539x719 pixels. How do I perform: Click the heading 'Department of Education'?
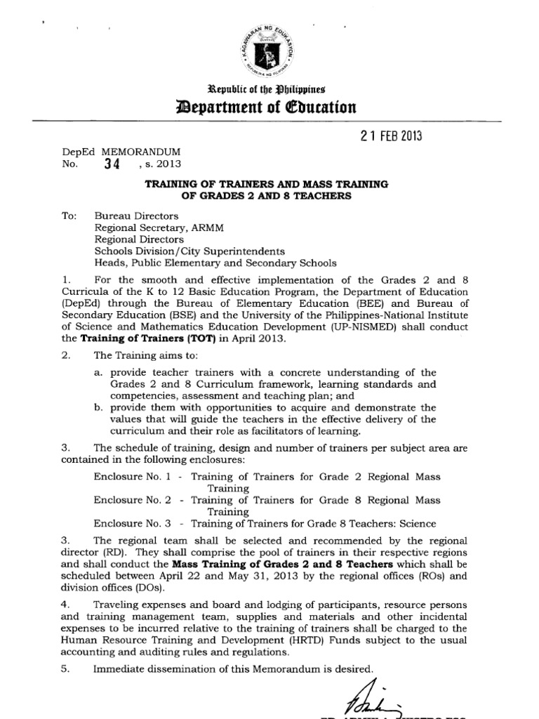point(269,107)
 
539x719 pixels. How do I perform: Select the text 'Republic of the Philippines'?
point(269,88)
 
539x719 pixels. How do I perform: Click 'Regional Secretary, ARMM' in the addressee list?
point(152,227)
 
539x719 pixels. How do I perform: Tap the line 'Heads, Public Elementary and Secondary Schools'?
point(215,263)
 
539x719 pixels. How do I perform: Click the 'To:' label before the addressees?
point(69,216)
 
